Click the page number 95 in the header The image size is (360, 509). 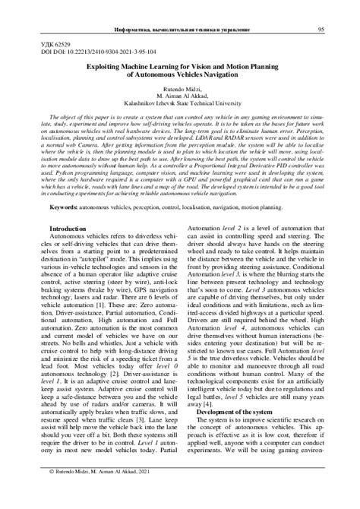(x=321, y=9)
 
